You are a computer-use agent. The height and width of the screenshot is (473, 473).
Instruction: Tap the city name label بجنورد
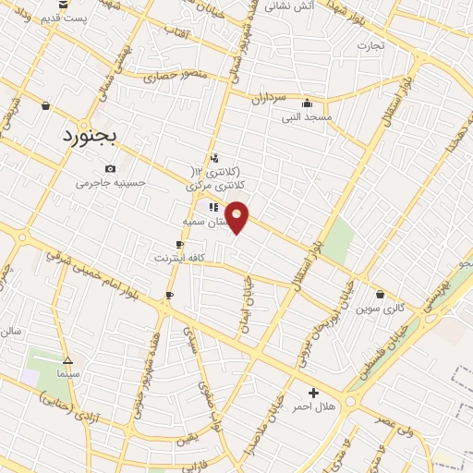pos(91,137)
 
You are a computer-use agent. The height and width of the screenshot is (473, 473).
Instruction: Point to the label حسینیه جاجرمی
pos(112,183)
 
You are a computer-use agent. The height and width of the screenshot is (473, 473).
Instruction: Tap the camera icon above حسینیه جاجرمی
pos(111,168)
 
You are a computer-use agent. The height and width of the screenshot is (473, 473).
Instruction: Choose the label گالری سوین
pos(382,306)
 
